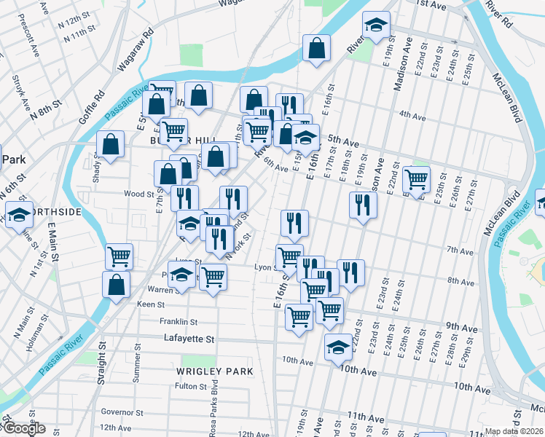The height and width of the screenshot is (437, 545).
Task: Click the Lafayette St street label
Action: click(188, 339)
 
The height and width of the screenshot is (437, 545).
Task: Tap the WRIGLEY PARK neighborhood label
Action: click(214, 371)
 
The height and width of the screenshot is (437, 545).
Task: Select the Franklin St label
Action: click(179, 321)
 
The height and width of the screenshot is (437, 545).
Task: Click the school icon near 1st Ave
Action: click(376, 25)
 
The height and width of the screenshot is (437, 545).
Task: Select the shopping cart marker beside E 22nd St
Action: click(416, 178)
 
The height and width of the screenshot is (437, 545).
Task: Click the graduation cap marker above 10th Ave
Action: click(338, 348)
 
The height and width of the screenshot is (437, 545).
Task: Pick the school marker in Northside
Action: click(18, 215)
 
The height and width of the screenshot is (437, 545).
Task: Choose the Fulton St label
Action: click(192, 386)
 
